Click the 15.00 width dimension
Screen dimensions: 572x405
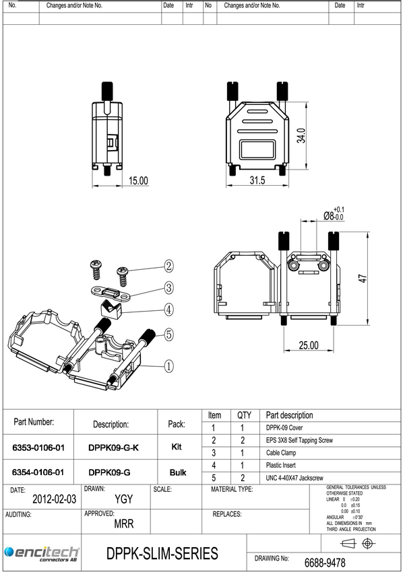[x=138, y=180]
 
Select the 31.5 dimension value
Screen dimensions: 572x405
[x=257, y=180]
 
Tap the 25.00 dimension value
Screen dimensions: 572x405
[x=308, y=345]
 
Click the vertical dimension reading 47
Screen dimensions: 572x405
[x=361, y=278]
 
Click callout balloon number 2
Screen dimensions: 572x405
[x=168, y=266]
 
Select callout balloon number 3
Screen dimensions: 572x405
[x=168, y=287]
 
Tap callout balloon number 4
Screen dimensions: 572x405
[x=168, y=310]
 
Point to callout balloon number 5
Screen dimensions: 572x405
[x=168, y=334]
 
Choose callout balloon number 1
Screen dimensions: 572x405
[x=168, y=366]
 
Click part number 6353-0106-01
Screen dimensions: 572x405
[x=38, y=448]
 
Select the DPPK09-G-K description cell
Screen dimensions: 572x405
[x=114, y=448]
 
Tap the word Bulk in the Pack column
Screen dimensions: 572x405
[x=177, y=473]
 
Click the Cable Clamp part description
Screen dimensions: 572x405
[x=281, y=453]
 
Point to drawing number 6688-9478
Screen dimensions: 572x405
[x=325, y=562]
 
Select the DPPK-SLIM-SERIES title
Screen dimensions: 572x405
[x=162, y=554]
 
